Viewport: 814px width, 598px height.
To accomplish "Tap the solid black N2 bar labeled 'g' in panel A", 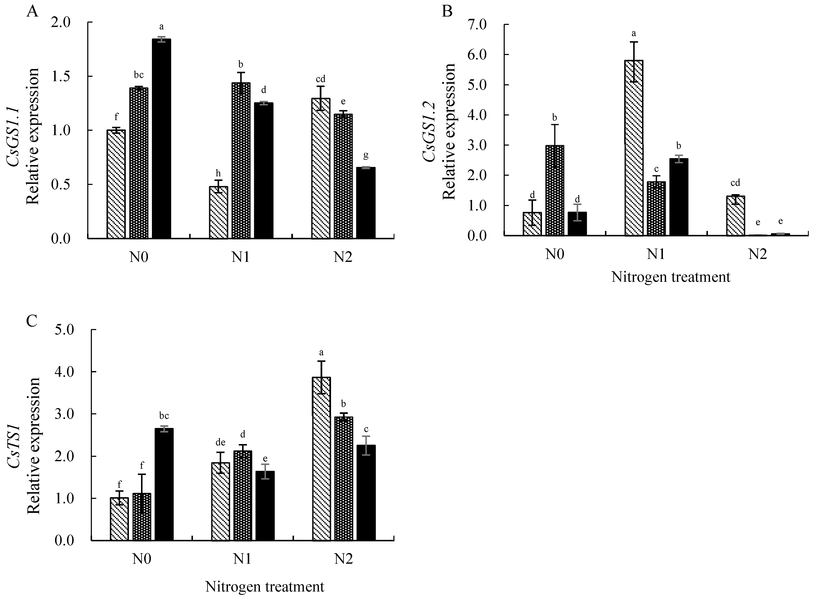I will (x=366, y=203).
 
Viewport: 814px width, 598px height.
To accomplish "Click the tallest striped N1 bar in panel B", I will (x=634, y=149).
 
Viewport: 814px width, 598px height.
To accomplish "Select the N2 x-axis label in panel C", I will (x=343, y=559).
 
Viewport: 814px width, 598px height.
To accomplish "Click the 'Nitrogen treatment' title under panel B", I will (x=671, y=277).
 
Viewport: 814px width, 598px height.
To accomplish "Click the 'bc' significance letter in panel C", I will (x=164, y=416).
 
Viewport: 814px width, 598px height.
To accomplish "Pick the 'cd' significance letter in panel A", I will (x=320, y=79).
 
